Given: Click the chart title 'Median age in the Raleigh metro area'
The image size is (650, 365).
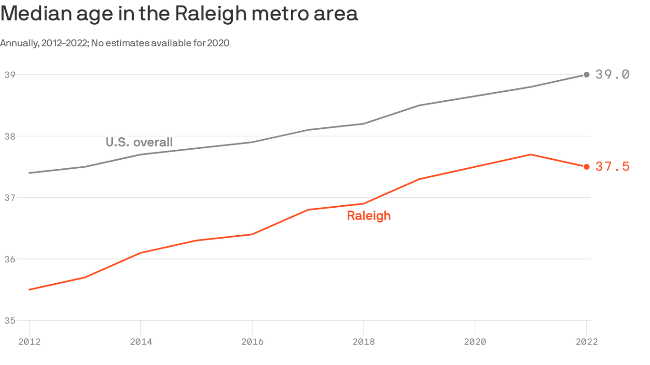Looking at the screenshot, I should coord(179,14).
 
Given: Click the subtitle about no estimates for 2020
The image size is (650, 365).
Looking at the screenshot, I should coord(115,43).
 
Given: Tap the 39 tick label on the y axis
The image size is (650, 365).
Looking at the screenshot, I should coord(10,75).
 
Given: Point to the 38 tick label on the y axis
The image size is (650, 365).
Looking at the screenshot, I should coord(10,136).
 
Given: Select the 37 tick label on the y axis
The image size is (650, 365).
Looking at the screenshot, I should coord(10,198).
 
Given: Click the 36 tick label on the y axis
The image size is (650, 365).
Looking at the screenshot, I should coord(10,259).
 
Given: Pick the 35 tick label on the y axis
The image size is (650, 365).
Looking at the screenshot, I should coord(10,321).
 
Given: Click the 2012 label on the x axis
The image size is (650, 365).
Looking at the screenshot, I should coord(29,341).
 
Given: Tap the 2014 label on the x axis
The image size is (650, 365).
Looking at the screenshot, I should coord(140,341).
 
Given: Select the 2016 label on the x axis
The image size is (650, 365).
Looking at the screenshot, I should coord(252,341).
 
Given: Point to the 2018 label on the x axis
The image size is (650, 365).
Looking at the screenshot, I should coord(364,341).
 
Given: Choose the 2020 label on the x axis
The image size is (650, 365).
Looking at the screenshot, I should coord(475,341).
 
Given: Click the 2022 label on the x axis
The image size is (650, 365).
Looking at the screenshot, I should coord(586,341).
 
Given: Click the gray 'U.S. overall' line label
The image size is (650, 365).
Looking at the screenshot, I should coord(139,142).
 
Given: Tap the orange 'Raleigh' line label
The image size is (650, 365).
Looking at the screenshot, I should coord(369,216).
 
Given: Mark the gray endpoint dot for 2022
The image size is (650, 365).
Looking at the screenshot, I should coord(586,75).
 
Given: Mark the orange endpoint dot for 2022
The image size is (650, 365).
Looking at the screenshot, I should coord(586,167).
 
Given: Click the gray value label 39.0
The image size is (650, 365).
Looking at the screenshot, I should coord(612,75).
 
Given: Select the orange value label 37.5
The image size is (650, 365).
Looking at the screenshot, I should coord(612,167).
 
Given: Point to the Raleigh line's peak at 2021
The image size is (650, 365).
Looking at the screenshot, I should coord(531,154).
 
